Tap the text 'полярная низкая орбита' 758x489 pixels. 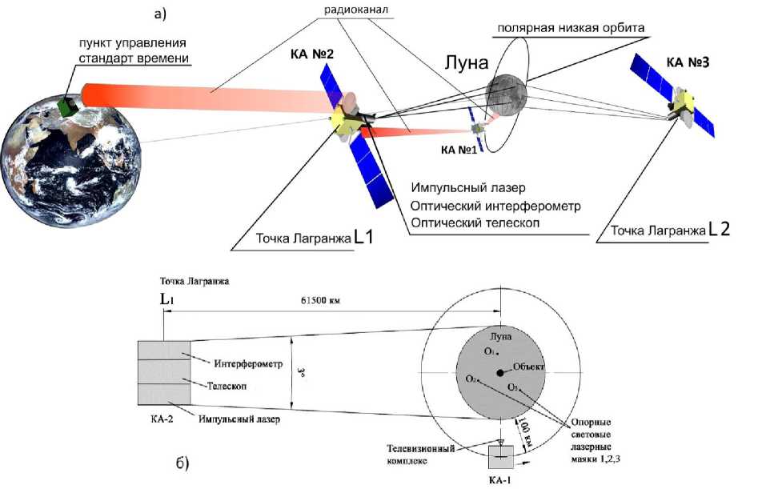(x=570, y=28)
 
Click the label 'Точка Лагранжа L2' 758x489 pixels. (x=670, y=230)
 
